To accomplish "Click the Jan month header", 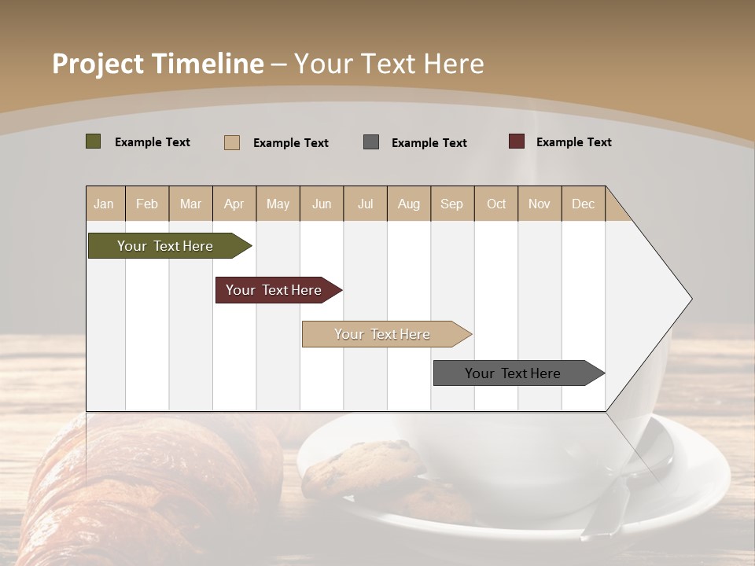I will click(104, 204).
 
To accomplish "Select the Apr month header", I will click(234, 204).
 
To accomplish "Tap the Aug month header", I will click(408, 204).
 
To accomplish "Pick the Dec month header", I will click(583, 204).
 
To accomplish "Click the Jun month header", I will click(321, 204).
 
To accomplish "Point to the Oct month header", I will click(495, 204).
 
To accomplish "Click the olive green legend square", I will click(93, 141).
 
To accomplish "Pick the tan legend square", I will click(231, 142).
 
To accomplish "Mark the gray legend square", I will click(370, 142).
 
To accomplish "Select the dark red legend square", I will click(516, 141).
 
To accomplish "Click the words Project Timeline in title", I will click(157, 64).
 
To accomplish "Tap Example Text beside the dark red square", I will click(573, 142).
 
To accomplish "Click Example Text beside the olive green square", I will click(152, 142).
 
